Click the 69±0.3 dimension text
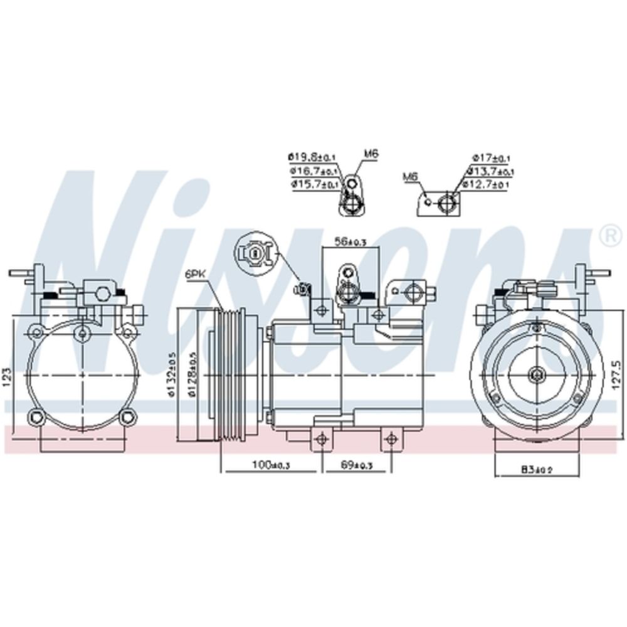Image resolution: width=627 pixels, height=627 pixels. pos(356,465)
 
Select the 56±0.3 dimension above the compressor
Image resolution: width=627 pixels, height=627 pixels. pos(350,241)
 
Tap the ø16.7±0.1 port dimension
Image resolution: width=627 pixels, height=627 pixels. pos(313,171)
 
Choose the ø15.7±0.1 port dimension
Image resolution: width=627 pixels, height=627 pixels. pos(313,184)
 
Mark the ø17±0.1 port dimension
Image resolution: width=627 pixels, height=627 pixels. pos(491,157)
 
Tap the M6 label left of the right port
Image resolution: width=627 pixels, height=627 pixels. pos(410,177)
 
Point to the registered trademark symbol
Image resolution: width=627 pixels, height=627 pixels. pos(608,236)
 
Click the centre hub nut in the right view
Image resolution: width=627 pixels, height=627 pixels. pos(537,374)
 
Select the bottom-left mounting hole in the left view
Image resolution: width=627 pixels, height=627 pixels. pos(36,415)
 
